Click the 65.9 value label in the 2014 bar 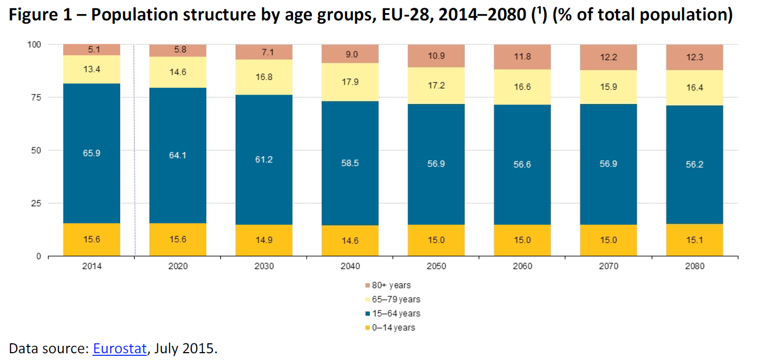coord(91,154)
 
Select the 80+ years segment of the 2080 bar coord(694,56)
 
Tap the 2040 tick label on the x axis coord(350,266)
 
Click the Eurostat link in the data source coord(120,349)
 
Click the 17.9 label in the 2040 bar coord(350,82)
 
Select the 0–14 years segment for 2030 coord(264,240)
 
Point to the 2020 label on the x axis coord(178,266)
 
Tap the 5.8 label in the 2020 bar coord(178,50)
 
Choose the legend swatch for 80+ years coord(367,285)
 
